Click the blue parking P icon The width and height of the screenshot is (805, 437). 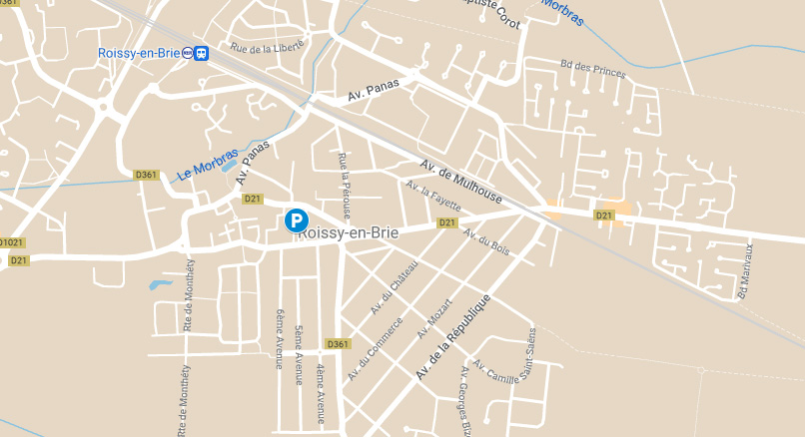297,220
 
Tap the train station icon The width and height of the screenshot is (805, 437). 202,53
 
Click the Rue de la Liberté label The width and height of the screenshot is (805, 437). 266,47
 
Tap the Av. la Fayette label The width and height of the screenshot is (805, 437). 433,197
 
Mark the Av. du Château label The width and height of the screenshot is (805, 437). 394,286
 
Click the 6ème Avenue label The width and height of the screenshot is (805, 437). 280,338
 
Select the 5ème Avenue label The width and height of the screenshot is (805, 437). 299,353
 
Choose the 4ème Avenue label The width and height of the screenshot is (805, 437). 321,393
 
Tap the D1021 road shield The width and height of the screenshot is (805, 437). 11,242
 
